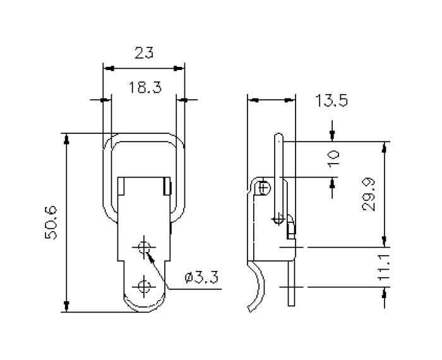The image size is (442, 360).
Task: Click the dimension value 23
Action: click(x=144, y=53)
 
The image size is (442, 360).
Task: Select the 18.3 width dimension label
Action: click(x=144, y=87)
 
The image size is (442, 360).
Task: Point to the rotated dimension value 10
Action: click(x=334, y=157)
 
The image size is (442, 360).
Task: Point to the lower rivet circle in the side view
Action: click(x=278, y=219)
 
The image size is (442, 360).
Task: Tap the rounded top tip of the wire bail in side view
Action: click(x=278, y=136)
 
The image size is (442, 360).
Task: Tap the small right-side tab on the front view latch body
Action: click(x=167, y=187)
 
